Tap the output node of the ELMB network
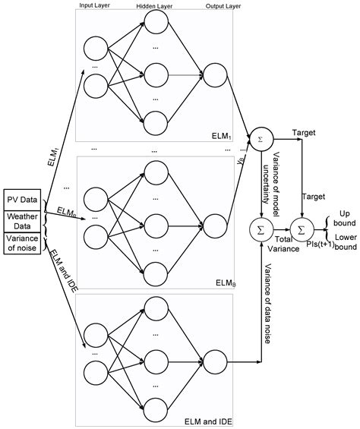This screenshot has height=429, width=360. pos(214,223)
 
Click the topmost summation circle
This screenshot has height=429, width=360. pos(261,140)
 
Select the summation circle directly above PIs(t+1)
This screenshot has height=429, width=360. pos(301,226)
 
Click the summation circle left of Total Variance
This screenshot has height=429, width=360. pos(261,226)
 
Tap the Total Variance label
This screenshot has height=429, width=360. pos(279,243)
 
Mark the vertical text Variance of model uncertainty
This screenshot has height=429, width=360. pos(278,177)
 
